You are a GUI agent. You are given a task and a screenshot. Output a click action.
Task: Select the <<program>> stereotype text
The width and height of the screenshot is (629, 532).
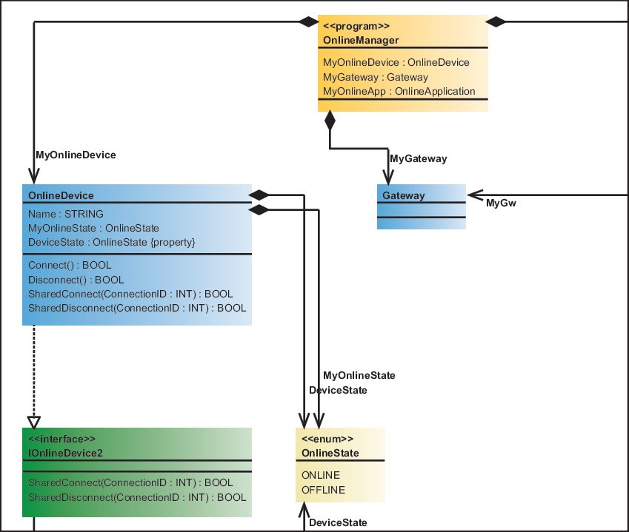point(353,26)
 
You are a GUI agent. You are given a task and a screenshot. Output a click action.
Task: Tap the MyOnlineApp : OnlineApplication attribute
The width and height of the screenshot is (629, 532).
point(399,91)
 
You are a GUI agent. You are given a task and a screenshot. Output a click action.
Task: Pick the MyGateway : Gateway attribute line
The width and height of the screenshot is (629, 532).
point(375,77)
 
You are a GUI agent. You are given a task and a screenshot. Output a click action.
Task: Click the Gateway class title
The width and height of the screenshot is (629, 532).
point(403,195)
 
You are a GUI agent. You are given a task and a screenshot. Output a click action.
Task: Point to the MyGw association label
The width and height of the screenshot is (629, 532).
point(500,203)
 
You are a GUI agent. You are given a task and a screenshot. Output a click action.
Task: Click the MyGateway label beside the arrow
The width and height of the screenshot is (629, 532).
point(418,159)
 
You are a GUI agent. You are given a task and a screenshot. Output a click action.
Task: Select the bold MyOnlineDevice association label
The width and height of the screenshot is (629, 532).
point(76,155)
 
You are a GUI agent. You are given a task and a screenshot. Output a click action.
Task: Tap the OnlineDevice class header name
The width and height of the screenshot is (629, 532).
point(61,195)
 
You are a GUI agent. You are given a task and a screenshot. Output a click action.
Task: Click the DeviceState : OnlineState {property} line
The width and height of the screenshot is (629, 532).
point(111,242)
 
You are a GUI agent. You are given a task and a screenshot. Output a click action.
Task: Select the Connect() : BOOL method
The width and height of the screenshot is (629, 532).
point(70,265)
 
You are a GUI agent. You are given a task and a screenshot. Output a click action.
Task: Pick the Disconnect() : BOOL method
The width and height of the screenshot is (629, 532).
point(76,280)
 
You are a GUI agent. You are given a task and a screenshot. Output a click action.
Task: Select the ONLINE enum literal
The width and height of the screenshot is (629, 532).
point(321,475)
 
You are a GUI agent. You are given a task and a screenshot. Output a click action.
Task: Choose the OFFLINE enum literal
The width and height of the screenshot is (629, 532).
point(323,490)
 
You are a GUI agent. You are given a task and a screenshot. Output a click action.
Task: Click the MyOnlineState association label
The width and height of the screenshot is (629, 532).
point(359,376)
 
